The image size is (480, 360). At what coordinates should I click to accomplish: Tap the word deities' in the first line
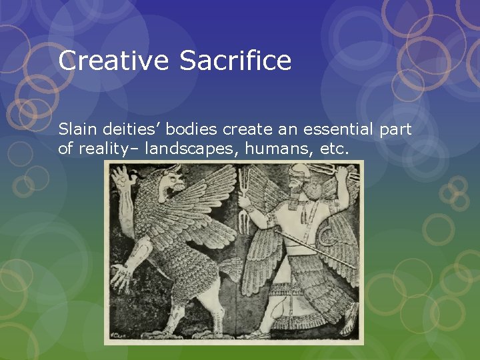tap(129, 129)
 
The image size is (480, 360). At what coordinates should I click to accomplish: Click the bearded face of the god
tap(297, 189)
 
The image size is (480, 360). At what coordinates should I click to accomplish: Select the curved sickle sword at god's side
tap(327, 233)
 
